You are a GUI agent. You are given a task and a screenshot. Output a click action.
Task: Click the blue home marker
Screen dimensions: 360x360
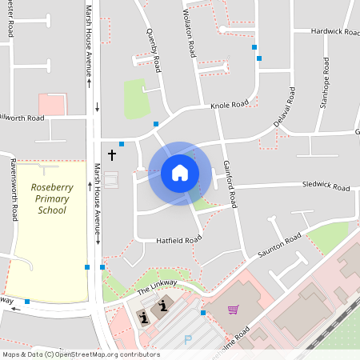179,173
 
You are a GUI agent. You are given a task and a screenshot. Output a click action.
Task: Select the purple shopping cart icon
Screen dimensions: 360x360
233,310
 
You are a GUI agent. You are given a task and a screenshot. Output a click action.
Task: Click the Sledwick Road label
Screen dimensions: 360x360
325,186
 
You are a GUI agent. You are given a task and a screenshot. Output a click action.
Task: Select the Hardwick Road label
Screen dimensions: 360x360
333,31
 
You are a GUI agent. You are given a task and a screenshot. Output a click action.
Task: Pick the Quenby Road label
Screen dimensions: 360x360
154,44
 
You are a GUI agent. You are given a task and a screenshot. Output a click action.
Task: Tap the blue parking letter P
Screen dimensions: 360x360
188,340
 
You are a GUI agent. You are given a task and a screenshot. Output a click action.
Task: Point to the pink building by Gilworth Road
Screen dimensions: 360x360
52,104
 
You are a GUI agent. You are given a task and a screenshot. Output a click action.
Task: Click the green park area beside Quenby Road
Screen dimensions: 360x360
135,98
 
